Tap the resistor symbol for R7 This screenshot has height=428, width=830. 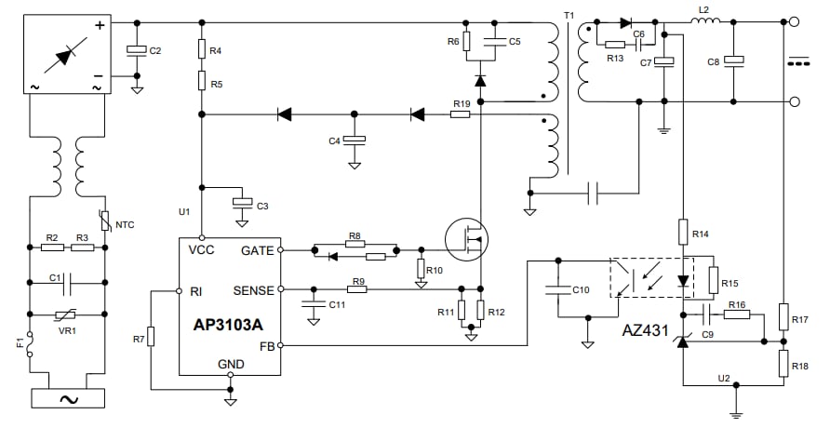pos(150,336)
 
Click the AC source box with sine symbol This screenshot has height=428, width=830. pos(68,397)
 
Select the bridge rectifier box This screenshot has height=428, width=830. pos(68,55)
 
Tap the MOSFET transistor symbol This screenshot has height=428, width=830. pos(467,239)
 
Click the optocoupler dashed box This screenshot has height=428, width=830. pos(651,278)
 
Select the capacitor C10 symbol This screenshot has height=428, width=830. pos(557,289)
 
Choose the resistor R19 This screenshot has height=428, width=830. pos(461,114)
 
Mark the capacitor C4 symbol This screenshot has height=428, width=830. pos(355,140)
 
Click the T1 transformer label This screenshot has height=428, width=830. pos(569,16)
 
